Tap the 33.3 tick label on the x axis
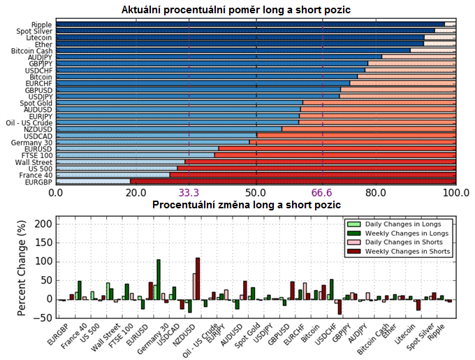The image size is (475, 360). point(189,192)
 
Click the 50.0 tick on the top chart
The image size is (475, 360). point(256,192)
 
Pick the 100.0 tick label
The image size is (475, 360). point(455,192)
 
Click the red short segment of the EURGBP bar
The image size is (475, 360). point(293,181)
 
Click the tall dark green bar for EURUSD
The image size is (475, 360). point(159,280)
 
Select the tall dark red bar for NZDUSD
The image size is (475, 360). point(198,279)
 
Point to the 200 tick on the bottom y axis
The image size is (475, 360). point(44,224)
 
